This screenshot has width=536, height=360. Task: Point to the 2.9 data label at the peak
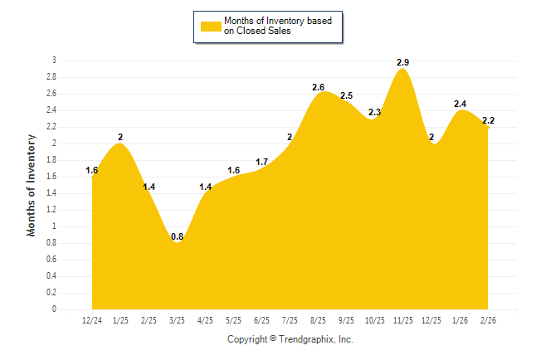point(402,62)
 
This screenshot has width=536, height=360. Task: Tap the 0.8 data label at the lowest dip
point(178,237)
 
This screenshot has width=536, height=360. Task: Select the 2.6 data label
point(319,87)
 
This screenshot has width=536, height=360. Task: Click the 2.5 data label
point(347,95)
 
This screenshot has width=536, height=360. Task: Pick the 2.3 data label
point(374,112)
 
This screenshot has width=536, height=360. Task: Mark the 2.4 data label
point(460,104)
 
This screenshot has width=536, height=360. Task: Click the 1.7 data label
point(261,162)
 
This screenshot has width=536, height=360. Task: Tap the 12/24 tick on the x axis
point(92,320)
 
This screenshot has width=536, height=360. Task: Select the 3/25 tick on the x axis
point(178,320)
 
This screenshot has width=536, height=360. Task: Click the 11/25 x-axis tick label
point(403,320)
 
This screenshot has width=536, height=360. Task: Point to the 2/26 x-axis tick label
point(488,320)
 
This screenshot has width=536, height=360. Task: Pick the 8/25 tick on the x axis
point(319,320)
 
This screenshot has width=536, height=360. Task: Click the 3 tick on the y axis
point(54,61)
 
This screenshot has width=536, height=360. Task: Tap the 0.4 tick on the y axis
point(51,276)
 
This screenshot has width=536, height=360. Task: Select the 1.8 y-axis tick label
point(51,160)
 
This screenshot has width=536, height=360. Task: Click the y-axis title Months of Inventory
point(32,185)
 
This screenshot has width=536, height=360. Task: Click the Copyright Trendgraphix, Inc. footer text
point(290,339)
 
